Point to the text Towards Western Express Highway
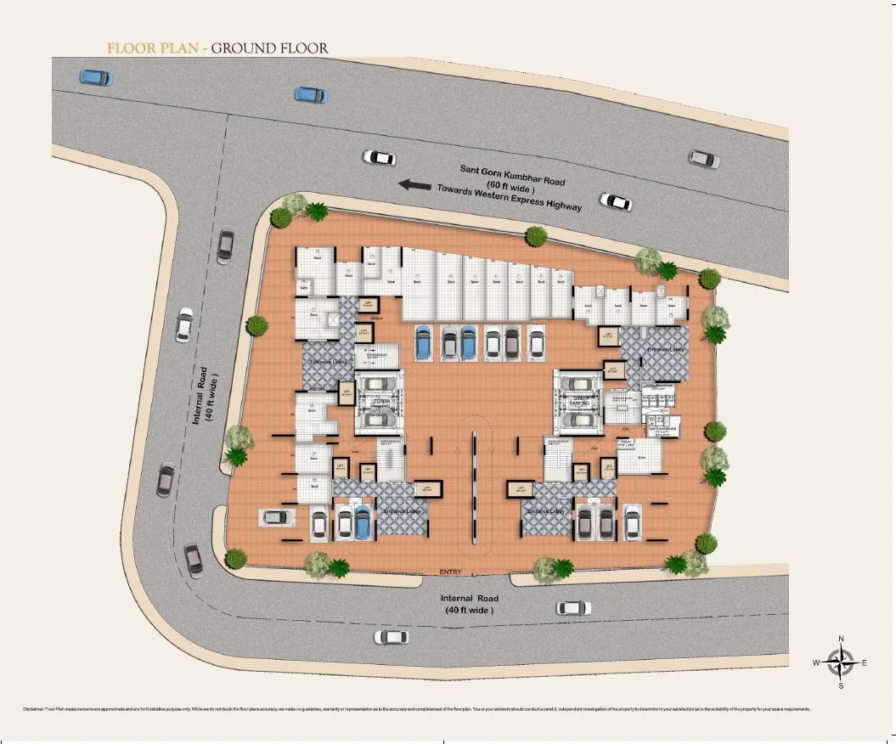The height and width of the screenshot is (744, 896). (x=510, y=197)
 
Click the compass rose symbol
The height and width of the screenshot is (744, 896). (x=841, y=662)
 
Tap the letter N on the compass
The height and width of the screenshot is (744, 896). (x=841, y=640)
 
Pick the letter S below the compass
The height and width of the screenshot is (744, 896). (x=841, y=685)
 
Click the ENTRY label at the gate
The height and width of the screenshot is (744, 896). (x=450, y=572)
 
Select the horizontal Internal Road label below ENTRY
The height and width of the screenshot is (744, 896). (x=468, y=604)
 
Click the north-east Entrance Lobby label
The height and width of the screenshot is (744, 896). (x=665, y=349)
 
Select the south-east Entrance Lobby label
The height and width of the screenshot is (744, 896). (x=545, y=511)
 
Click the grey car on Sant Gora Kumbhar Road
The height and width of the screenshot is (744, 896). (x=704, y=158)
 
